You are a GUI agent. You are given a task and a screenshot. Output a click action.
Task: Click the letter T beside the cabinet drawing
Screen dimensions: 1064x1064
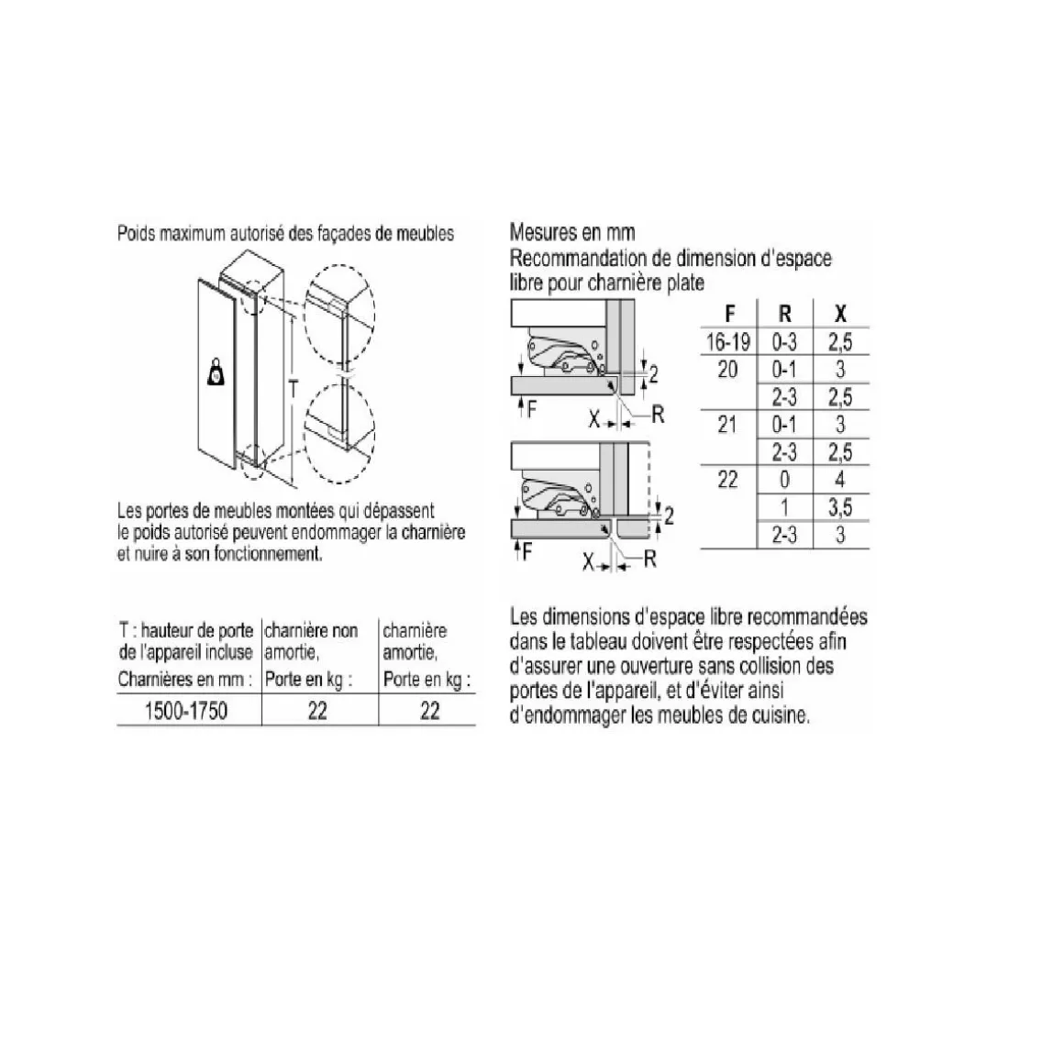(x=294, y=389)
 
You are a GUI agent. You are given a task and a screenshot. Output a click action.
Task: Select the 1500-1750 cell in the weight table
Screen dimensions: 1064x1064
(x=186, y=711)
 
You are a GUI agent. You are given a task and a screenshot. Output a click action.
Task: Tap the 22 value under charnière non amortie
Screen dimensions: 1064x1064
(x=317, y=711)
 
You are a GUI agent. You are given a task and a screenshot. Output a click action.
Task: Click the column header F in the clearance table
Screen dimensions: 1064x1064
(x=729, y=315)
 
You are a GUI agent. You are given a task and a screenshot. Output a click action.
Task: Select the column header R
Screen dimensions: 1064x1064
(x=784, y=315)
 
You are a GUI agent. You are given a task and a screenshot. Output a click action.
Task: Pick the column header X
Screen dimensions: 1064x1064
(x=840, y=315)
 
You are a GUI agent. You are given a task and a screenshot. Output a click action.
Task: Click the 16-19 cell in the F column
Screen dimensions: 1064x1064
(x=728, y=342)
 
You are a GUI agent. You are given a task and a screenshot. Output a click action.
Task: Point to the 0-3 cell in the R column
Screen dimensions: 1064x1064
(x=784, y=342)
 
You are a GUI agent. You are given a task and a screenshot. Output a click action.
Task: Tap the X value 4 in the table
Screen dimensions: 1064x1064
(x=840, y=480)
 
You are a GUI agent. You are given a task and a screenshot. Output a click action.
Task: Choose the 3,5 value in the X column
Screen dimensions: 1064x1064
(x=840, y=507)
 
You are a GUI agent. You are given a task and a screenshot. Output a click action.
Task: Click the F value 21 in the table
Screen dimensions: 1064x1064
(x=727, y=425)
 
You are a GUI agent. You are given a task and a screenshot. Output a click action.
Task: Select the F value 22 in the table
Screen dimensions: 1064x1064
(x=727, y=480)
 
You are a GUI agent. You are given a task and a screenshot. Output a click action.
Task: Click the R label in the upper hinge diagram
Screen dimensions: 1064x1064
(x=657, y=414)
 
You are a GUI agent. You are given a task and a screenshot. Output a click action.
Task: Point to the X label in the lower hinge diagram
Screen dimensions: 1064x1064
(x=588, y=561)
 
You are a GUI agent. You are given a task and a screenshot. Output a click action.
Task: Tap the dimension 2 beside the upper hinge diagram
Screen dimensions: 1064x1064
(x=653, y=373)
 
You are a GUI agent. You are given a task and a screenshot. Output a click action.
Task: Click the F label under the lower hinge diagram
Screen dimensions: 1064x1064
(x=527, y=552)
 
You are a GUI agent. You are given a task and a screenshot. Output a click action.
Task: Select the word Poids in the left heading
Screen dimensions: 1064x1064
(x=137, y=233)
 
